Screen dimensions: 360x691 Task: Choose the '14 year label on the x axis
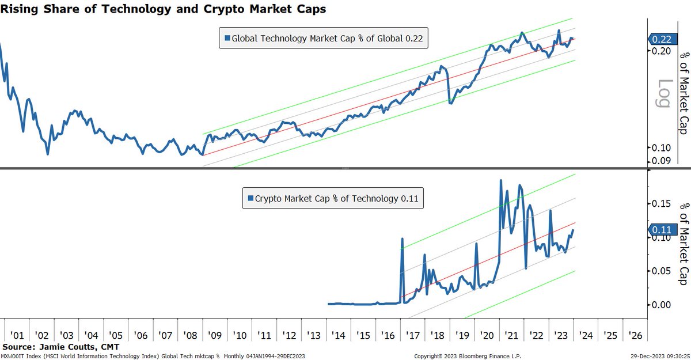click(338, 335)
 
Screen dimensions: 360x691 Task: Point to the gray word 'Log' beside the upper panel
click(664, 93)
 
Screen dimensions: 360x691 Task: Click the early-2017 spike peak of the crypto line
click(402, 238)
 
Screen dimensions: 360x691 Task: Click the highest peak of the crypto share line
click(501, 180)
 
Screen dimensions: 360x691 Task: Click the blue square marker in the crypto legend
click(250, 199)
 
